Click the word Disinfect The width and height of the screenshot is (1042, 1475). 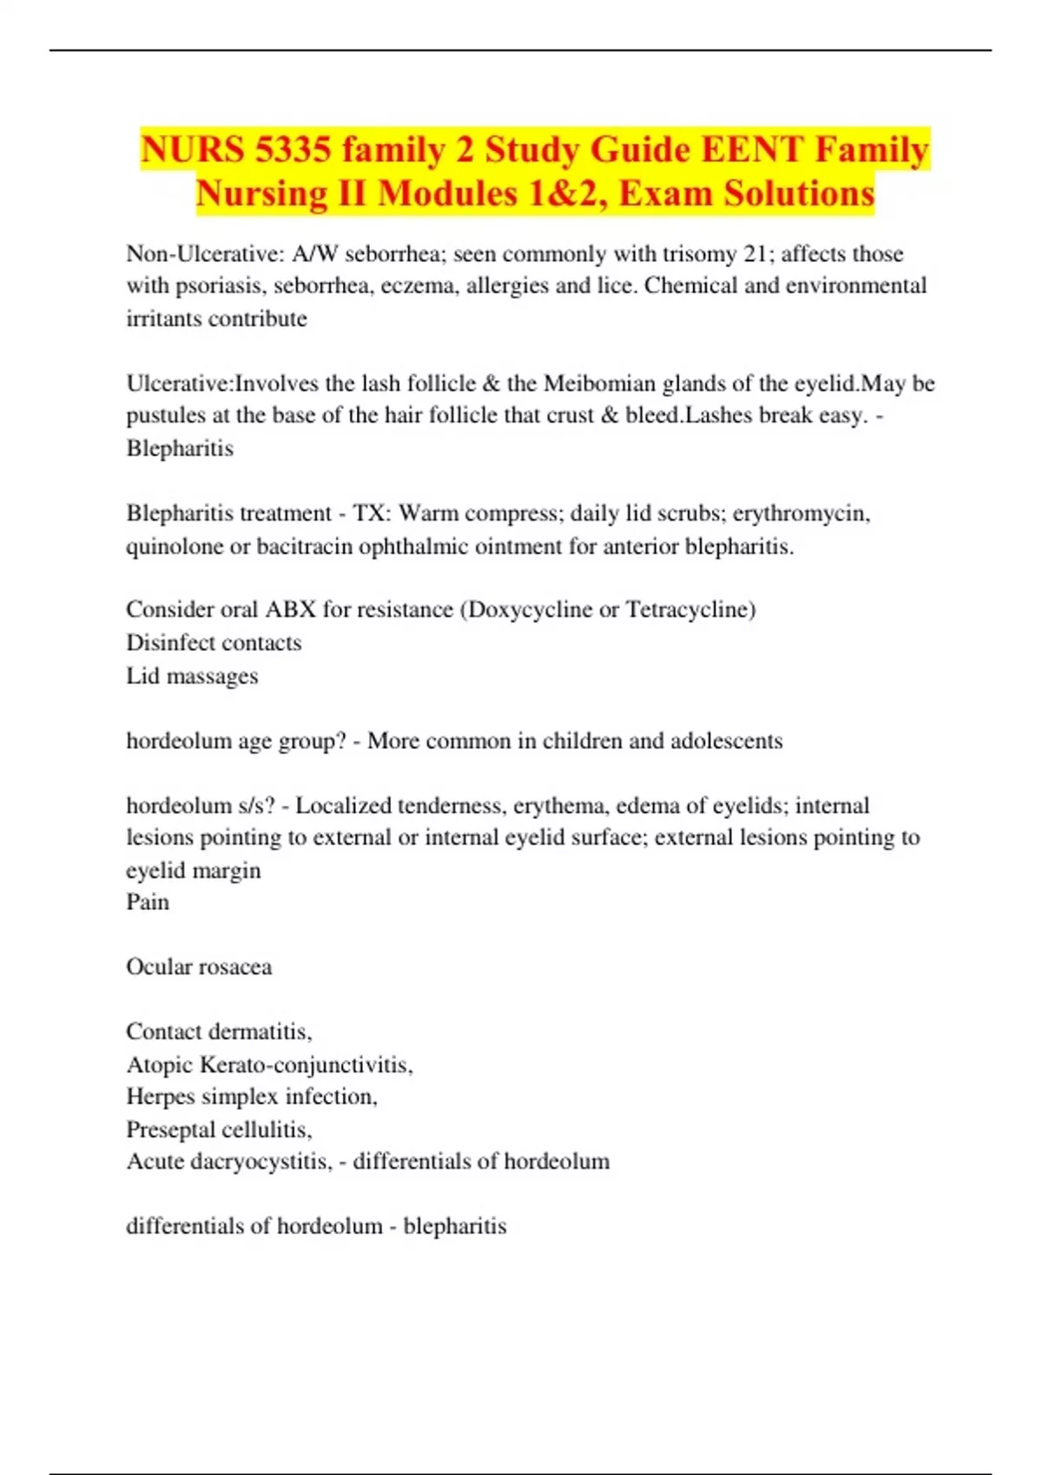point(165,643)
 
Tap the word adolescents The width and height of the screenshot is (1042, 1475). point(727,741)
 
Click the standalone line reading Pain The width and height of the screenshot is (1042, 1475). point(148,902)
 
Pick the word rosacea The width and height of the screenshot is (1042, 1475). point(234,967)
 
